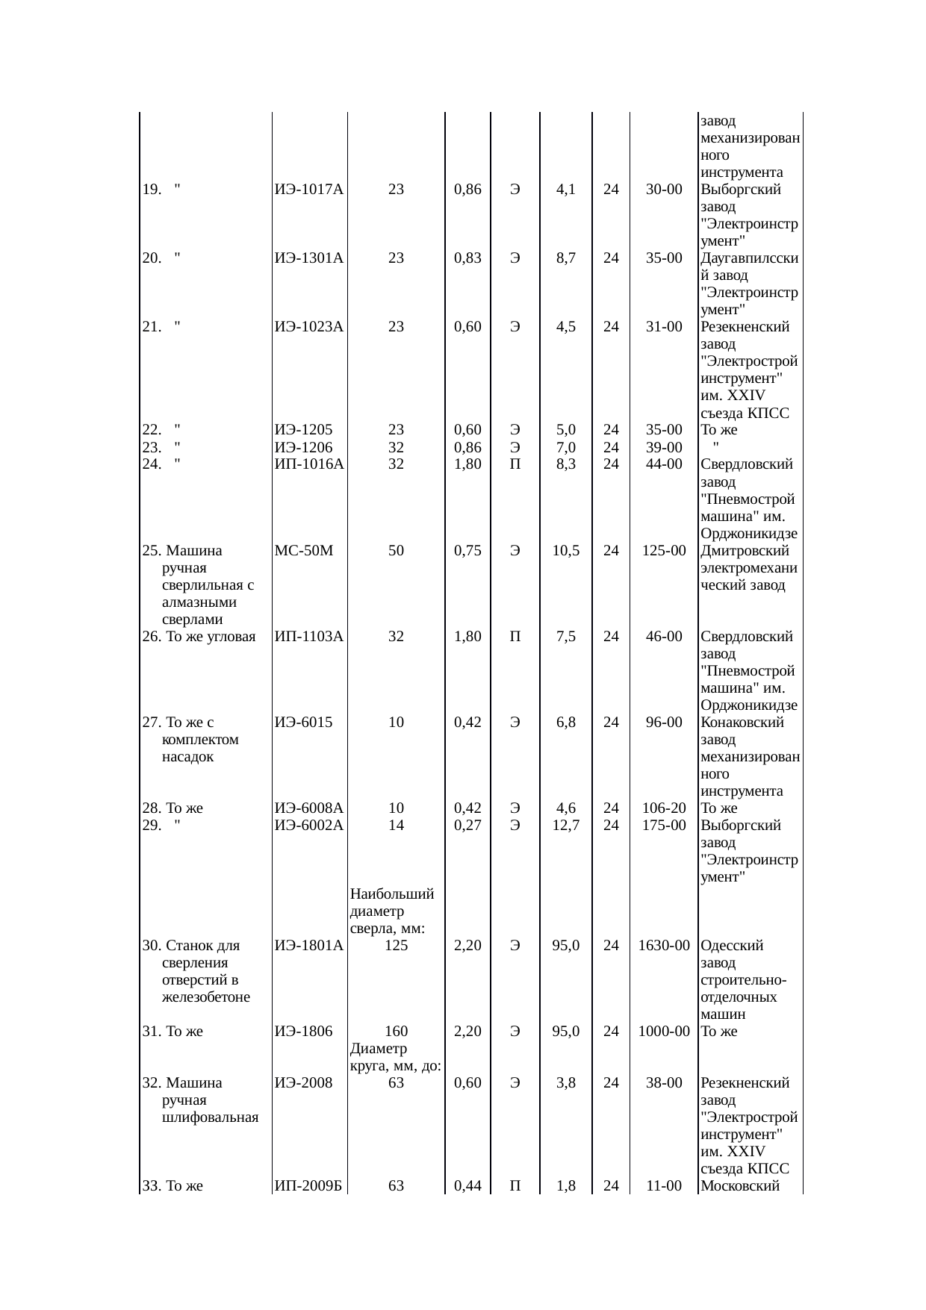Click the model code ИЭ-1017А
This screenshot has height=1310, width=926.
(308, 190)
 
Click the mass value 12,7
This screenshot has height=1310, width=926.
(566, 826)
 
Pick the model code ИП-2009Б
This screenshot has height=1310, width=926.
(308, 1186)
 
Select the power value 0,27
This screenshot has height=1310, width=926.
(467, 826)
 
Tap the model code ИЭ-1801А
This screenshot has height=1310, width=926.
(308, 946)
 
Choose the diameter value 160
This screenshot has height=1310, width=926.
(396, 1032)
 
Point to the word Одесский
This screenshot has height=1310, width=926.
(732, 946)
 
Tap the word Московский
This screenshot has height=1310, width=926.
(740, 1186)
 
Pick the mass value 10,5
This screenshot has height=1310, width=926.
(566, 551)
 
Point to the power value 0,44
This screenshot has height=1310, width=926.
(467, 1186)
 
